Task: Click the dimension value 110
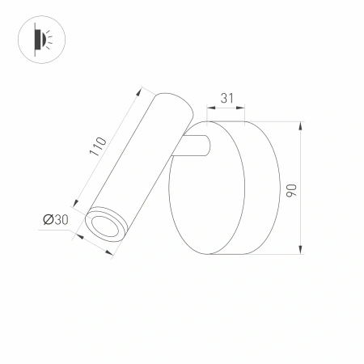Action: pos(97,146)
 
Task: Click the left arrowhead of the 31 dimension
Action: pos(210,107)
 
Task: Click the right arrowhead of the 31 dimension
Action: pos(244,107)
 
